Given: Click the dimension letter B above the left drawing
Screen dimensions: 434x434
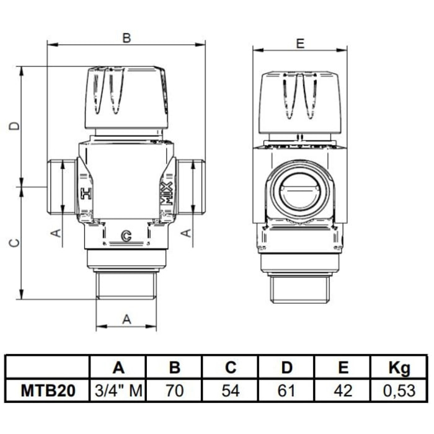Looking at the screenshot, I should (126, 38).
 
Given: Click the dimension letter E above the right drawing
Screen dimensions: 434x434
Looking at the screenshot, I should (300, 43).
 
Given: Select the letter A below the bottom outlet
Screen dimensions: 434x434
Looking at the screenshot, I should (126, 319).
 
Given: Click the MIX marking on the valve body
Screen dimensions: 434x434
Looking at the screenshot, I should (165, 193).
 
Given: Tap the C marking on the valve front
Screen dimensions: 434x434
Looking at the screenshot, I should (126, 236).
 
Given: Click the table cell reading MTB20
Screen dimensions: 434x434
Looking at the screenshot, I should (48, 391).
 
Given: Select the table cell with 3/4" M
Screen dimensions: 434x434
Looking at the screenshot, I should (119, 391).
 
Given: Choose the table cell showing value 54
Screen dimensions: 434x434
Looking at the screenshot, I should (231, 391).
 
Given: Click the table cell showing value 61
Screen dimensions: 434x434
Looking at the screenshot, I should (286, 391).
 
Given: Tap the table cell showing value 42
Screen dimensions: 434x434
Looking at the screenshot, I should (342, 391).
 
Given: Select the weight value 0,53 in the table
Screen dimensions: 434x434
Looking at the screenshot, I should (399, 391).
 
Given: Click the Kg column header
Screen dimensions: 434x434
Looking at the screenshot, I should (399, 368).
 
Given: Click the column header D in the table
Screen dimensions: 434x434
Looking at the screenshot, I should (286, 368).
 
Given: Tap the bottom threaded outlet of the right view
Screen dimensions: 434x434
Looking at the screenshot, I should (300, 288).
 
